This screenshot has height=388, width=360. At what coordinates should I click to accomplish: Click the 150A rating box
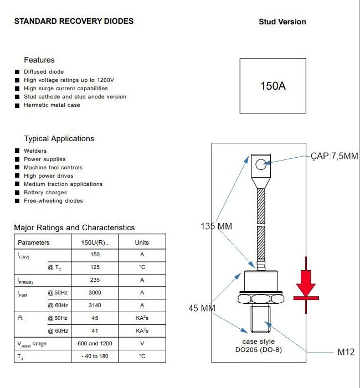pos(273,86)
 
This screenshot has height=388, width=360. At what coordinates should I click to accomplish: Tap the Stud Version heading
pos(282,22)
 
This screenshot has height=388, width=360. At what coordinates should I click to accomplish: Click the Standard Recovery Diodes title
pos(74,21)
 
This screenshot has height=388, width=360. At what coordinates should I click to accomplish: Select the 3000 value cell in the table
pos(95,293)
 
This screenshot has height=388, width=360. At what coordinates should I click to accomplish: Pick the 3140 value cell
pos(95,306)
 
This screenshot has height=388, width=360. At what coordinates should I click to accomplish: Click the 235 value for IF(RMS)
pos(95,280)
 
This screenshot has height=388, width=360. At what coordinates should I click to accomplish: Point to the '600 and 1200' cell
pos(95,344)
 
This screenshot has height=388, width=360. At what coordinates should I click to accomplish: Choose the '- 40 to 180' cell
pos(95,356)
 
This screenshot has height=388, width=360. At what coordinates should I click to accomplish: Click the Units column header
pos(142,242)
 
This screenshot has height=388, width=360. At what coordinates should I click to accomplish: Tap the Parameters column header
pos(33,242)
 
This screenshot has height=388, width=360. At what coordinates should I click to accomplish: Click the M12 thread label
pos(346,352)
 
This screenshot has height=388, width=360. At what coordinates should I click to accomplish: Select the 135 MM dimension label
pos(216,226)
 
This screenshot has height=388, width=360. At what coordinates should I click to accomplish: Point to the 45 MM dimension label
pos(202,308)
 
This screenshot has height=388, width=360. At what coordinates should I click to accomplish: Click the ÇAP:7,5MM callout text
pos(335,156)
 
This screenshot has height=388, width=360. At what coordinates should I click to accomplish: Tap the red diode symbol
pos(306,285)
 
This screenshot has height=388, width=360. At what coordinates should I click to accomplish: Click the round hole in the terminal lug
pos(261,164)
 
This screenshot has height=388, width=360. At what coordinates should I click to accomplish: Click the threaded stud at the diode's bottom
pos(260,319)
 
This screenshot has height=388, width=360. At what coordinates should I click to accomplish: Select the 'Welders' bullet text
pos(35,151)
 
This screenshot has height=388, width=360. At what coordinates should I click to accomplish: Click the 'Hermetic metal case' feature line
pos(52,105)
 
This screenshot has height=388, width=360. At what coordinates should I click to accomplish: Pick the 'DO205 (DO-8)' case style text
pos(259,350)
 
